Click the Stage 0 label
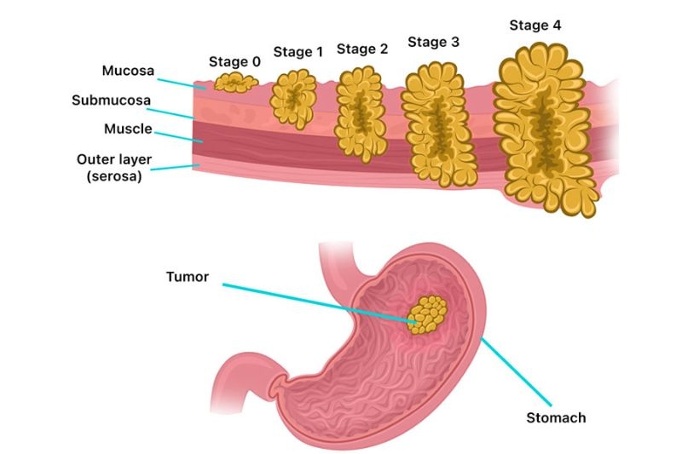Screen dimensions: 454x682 click(234, 61)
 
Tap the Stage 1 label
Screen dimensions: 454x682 click(298, 52)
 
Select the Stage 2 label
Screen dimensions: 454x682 click(362, 49)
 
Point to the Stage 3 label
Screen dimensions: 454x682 click(434, 41)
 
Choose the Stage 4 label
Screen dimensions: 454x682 click(535, 25)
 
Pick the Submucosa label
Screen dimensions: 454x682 click(111, 100)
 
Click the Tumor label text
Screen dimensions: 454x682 click(189, 277)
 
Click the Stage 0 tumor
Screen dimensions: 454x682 click(235, 82)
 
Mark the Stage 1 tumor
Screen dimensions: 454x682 click(293, 100)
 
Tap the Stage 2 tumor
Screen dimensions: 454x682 click(361, 113)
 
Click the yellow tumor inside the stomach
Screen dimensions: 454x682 click(427, 314)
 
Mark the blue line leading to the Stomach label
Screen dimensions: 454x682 click(511, 366)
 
